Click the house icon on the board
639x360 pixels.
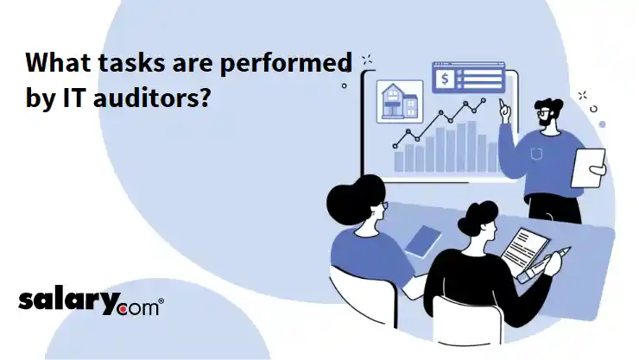pos(400,101)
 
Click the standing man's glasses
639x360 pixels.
pos(543,112)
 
